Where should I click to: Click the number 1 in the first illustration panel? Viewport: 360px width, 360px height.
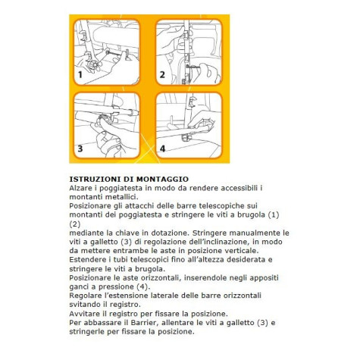tap(80, 76)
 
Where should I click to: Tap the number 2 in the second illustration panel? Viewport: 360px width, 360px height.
tap(161, 75)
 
